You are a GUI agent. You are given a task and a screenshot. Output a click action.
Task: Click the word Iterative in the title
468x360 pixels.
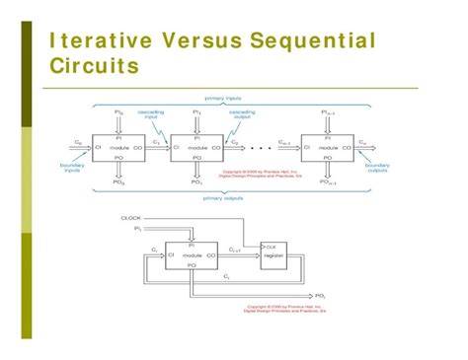pos(90,41)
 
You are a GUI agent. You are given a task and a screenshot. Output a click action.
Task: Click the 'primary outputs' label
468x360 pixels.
pos(226,196)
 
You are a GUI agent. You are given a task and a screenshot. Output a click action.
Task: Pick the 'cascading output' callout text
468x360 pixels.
pos(242,114)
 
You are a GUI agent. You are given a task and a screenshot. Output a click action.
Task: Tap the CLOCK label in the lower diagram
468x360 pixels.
pos(130,217)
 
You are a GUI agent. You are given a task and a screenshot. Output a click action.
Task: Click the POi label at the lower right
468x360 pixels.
pos(321,295)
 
